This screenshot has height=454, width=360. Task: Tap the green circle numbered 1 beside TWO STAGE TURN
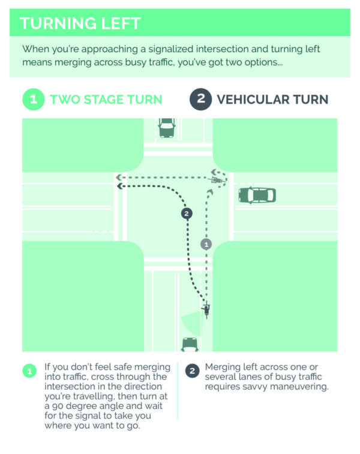[x=34, y=100]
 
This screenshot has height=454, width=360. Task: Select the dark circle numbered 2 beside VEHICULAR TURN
[x=201, y=100]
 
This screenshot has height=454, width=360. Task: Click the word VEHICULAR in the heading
[x=252, y=100]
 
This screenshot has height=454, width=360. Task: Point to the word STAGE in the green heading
[x=104, y=100]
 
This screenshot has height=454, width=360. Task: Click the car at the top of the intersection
[x=167, y=127]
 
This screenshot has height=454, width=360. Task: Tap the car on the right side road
[x=257, y=195]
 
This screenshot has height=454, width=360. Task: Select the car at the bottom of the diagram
[x=190, y=345]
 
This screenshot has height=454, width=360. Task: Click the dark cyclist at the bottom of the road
[x=206, y=310]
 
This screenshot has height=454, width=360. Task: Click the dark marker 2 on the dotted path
[x=187, y=214]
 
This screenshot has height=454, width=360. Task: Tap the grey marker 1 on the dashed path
[x=206, y=244]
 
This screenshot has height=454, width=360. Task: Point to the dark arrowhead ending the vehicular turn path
[x=119, y=186]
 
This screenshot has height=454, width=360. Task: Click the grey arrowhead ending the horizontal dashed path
[x=118, y=178]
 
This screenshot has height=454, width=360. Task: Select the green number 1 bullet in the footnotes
[x=29, y=371]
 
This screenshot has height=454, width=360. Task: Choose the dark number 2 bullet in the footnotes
[x=193, y=371]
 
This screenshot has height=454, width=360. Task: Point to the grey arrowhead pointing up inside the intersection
[x=210, y=192]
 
